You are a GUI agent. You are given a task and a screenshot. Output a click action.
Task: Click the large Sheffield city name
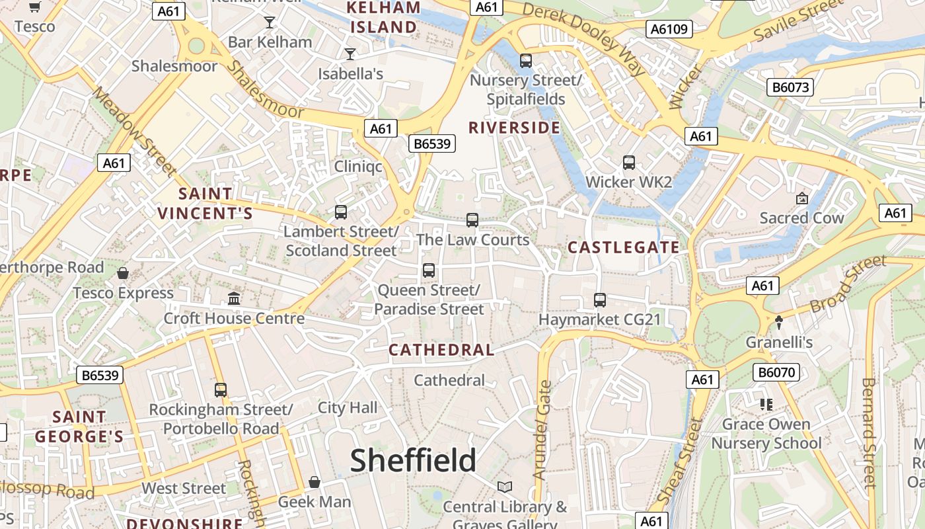[413, 460]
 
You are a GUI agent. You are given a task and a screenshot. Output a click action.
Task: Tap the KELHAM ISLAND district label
[384, 17]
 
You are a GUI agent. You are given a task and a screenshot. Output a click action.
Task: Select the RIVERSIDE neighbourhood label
[514, 128]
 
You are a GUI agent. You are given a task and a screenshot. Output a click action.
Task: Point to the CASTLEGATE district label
[624, 248]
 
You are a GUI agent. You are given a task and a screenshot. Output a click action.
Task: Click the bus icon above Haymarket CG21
[600, 300]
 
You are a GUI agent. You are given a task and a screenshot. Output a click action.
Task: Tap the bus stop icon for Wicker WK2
[629, 163]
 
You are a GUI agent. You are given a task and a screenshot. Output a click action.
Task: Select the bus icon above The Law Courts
[472, 220]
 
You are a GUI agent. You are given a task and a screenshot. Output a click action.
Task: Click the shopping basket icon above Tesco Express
[123, 273]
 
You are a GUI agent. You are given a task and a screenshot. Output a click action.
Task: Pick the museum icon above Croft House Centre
[234, 298]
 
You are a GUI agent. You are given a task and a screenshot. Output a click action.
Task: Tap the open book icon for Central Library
[505, 487]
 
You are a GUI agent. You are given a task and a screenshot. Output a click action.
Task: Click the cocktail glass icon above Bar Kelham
[269, 22]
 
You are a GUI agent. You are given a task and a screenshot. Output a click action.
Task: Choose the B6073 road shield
[790, 87]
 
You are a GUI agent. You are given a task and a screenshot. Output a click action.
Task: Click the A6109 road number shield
[669, 28]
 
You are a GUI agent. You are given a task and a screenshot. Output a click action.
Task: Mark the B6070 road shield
[776, 372]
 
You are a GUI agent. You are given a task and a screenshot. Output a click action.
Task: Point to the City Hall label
[348, 407]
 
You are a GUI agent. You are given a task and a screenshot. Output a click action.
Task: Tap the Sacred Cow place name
[801, 218]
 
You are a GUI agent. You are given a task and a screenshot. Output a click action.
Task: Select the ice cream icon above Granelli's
[779, 323]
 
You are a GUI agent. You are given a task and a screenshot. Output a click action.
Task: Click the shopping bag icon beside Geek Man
[314, 482]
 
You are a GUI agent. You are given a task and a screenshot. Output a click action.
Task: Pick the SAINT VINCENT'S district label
[205, 204]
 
